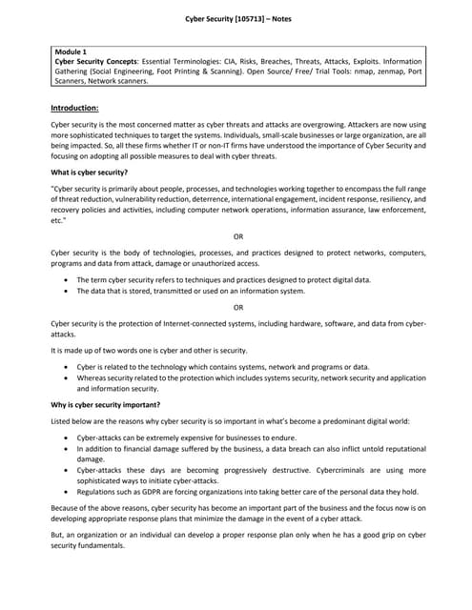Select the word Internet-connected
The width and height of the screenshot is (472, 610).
point(188,323)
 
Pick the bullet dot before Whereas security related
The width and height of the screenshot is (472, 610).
point(64,378)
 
